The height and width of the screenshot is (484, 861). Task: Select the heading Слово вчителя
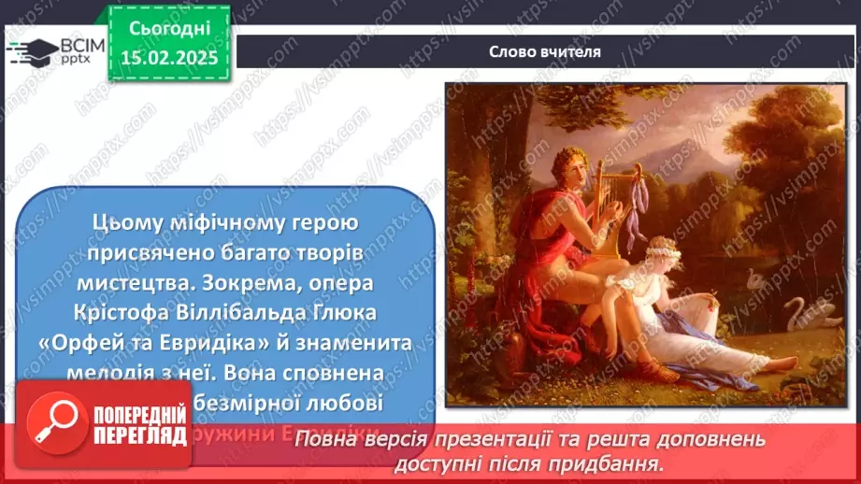point(544,52)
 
